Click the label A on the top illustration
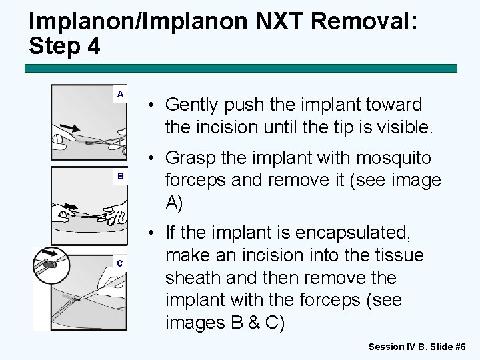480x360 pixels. (120, 94)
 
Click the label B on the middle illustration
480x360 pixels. (121, 176)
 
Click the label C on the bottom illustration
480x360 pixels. (119, 263)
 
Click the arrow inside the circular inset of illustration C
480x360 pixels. (50, 253)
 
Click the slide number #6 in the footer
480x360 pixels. (460, 347)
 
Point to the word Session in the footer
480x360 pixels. (386, 347)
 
